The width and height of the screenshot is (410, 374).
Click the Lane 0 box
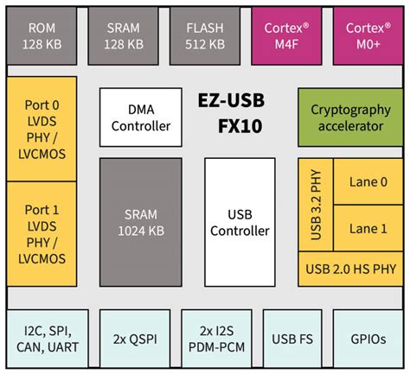368,181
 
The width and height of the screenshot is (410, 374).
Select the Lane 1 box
368,229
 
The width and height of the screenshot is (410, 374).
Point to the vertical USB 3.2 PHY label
315,206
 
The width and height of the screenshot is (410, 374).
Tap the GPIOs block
368,339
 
